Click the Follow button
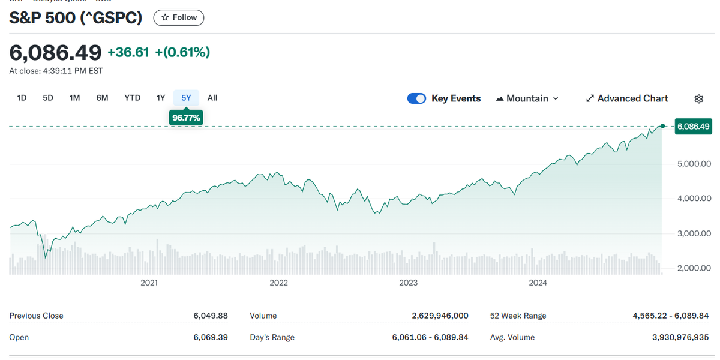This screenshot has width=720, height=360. click(179, 18)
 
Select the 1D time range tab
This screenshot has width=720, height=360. click(22, 98)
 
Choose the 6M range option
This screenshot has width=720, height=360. click(102, 98)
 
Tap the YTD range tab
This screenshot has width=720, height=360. click(132, 98)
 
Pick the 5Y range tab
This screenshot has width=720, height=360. click(186, 98)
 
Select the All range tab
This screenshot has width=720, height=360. click(212, 98)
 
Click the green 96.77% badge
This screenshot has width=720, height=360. click(186, 118)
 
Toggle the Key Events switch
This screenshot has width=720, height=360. click(416, 98)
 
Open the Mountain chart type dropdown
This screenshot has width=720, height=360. click(527, 98)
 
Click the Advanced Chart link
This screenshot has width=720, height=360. click(627, 98)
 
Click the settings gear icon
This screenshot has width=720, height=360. click(698, 98)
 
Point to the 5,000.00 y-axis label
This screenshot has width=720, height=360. click(693, 164)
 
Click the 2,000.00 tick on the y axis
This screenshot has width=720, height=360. click(693, 268)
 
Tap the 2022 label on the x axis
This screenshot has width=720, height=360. click(278, 283)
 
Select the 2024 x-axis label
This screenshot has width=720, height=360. click(538, 283)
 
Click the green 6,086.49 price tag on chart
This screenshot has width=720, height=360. click(693, 127)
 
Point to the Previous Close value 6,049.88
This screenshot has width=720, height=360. click(210, 316)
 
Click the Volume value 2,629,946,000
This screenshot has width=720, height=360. click(440, 316)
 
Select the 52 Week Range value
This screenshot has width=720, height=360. click(671, 316)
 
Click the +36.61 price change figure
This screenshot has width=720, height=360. click(128, 53)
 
